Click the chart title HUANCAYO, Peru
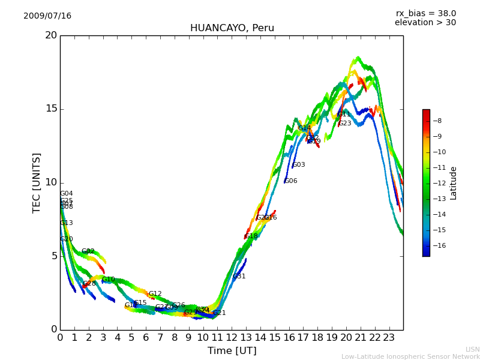pyautogui.click(x=232, y=28)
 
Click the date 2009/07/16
pyautogui.click(x=47, y=16)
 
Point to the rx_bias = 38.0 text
pyautogui.click(x=425, y=14)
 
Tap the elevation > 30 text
pyautogui.click(x=425, y=23)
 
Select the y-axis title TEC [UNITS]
pyautogui.click(x=37, y=182)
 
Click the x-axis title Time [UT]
pyautogui.click(x=232, y=351)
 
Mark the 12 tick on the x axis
pyautogui.click(x=232, y=338)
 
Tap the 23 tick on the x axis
pyautogui.click(x=389, y=338)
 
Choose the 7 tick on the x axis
pyautogui.click(x=160, y=338)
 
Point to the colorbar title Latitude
pyautogui.click(x=454, y=183)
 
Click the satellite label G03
pyautogui.click(x=299, y=165)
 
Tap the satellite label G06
pyautogui.click(x=291, y=181)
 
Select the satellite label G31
pyautogui.click(x=239, y=277)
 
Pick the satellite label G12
pyautogui.click(x=155, y=294)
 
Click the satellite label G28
pyautogui.click(x=89, y=284)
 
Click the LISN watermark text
pyautogui.click(x=472, y=349)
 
